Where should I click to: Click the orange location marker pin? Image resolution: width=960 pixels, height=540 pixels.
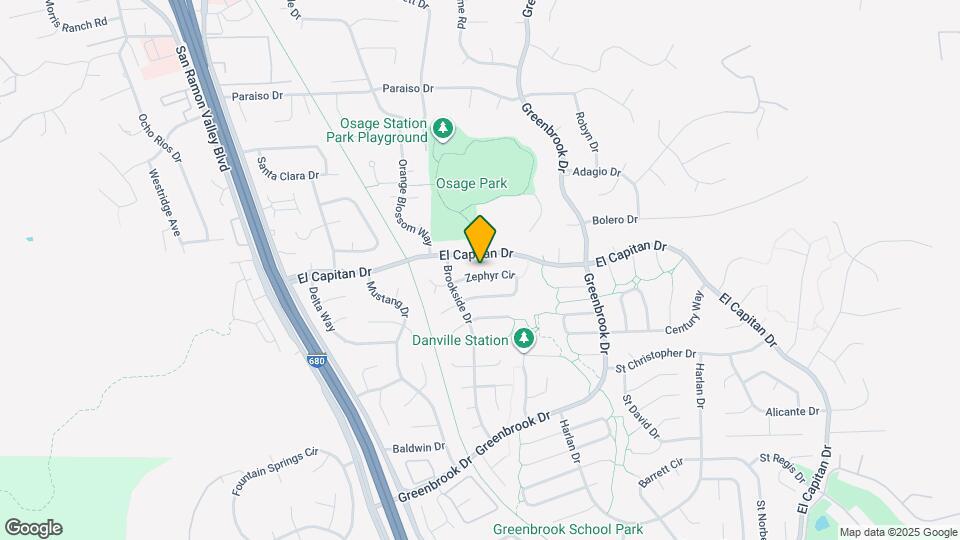point(481,239)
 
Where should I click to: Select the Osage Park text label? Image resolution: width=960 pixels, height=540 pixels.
point(471,184)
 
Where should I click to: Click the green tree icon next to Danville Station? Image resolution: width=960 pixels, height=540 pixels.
point(523,340)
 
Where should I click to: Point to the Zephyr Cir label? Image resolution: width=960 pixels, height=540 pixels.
point(490,275)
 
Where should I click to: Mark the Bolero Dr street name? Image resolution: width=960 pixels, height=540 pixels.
point(615,219)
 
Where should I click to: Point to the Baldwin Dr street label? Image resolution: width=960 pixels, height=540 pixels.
point(418,447)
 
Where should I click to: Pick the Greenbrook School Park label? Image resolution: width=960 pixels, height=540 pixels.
point(568,529)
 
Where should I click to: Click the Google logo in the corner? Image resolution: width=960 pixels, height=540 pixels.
point(33,528)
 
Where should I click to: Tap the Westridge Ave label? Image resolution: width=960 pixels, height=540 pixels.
point(165,205)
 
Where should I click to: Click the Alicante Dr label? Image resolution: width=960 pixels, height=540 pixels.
point(792,411)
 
